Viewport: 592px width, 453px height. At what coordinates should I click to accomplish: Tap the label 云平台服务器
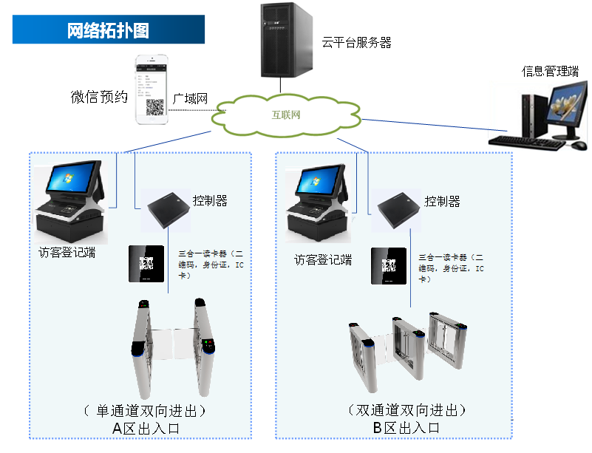[356, 43]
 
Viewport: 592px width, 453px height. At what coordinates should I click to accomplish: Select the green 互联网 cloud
[287, 115]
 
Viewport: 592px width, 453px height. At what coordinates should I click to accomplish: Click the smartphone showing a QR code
[152, 89]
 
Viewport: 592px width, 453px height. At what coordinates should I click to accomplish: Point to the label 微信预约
[100, 97]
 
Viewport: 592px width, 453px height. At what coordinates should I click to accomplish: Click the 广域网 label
[190, 98]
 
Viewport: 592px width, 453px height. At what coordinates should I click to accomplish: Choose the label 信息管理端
[550, 71]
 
